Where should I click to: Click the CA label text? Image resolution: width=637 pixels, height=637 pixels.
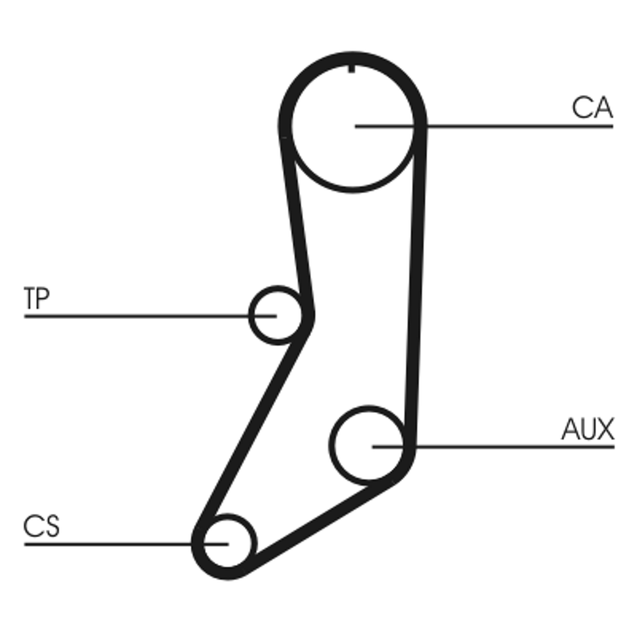click(592, 107)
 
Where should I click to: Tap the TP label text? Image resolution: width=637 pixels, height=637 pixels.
click(37, 298)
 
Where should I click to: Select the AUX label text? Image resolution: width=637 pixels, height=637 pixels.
click(588, 429)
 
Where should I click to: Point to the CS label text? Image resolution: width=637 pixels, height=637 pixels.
click(41, 526)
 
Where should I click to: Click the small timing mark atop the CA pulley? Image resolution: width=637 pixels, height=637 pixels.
click(352, 68)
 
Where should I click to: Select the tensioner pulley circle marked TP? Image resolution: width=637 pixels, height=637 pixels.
click(248, 315)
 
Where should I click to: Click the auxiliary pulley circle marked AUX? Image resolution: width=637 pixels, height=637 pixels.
click(330, 445)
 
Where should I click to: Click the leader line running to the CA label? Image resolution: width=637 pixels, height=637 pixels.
click(484, 127)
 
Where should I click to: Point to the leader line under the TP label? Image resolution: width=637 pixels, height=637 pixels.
click(150, 316)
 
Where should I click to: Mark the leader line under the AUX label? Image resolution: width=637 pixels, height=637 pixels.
click(493, 447)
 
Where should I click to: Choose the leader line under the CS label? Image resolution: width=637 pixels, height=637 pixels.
click(127, 544)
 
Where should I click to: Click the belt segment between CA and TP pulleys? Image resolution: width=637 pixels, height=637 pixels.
click(297, 224)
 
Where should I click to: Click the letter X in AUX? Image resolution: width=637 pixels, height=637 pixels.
click(605, 429)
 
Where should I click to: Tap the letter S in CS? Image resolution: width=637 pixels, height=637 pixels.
click(51, 526)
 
